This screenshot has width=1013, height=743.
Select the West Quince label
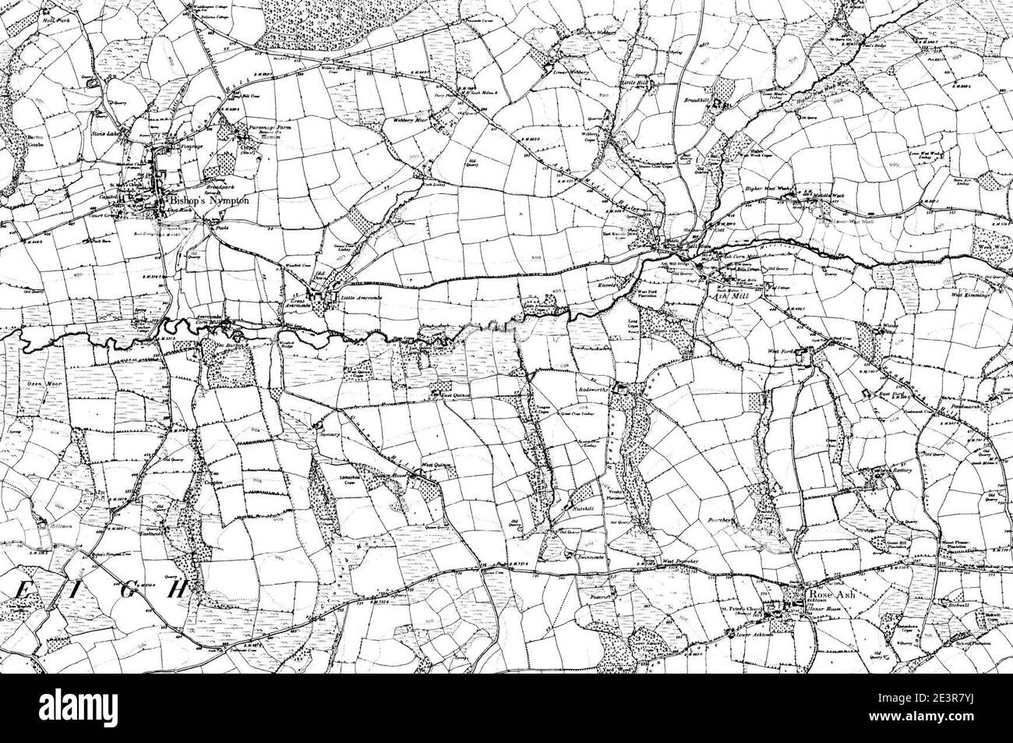pos(437,465)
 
